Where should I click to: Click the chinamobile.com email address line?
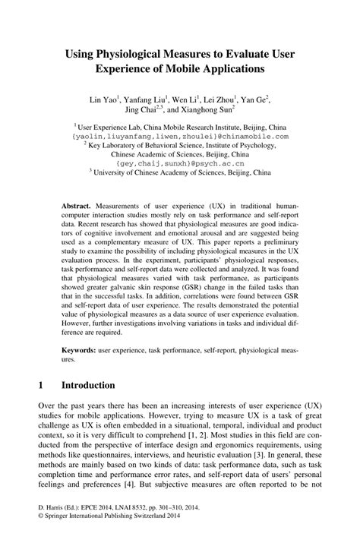(181, 136)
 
